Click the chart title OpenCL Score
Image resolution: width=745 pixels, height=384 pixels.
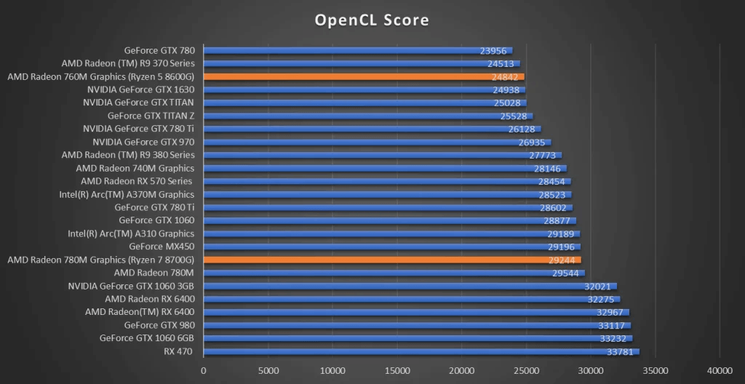pyautogui.click(x=372, y=20)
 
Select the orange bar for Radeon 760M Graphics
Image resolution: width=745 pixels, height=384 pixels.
pyautogui.click(x=364, y=76)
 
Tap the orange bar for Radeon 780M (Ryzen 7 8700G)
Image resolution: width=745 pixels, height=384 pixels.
pyautogui.click(x=392, y=260)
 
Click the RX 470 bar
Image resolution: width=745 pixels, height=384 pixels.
pyautogui.click(x=421, y=352)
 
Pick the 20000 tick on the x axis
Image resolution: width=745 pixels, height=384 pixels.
pyautogui.click(x=462, y=370)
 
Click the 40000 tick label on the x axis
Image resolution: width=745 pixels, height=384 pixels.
pyautogui.click(x=720, y=370)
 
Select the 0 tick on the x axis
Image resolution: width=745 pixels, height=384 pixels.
pyautogui.click(x=204, y=370)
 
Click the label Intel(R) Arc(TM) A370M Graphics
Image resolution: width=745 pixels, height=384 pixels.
pyautogui.click(x=127, y=194)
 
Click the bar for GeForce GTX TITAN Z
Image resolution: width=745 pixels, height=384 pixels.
pyautogui.click(x=368, y=116)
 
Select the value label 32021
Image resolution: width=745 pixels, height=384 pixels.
pyautogui.click(x=599, y=286)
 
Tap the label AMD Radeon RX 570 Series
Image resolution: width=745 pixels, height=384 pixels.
pyautogui.click(x=137, y=181)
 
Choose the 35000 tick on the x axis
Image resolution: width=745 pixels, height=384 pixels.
pyautogui.click(x=656, y=370)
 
